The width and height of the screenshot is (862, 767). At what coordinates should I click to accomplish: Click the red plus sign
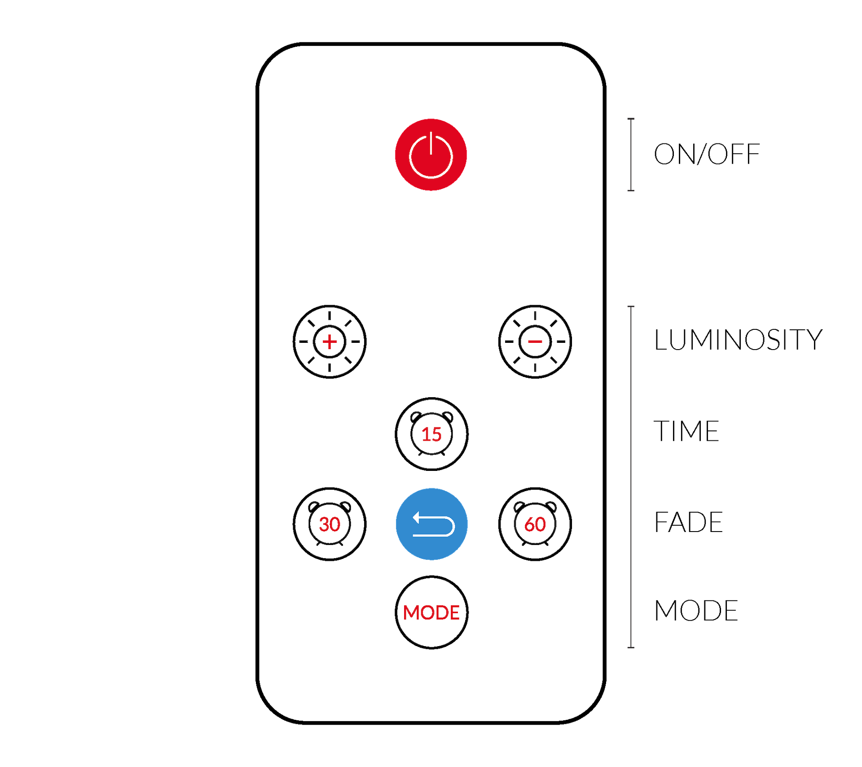(x=330, y=342)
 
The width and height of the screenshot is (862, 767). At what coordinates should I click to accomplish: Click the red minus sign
(x=535, y=342)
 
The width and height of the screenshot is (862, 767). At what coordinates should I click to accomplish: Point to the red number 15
(x=431, y=434)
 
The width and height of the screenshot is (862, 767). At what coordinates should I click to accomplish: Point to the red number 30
(x=330, y=524)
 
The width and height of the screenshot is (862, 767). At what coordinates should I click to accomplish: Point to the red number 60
(x=535, y=524)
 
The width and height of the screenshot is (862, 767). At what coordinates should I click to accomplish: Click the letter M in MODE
(x=411, y=613)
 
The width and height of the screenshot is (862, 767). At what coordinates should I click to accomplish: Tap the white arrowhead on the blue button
(x=416, y=518)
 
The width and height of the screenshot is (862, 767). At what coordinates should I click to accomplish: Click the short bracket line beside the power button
(x=631, y=155)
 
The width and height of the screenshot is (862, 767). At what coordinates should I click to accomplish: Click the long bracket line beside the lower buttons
(x=631, y=476)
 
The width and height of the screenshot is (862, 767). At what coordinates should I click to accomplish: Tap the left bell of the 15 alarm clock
(x=416, y=417)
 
